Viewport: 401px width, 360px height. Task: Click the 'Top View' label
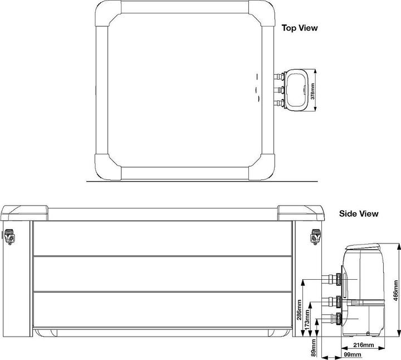[300, 28]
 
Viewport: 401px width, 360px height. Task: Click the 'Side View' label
[359, 213]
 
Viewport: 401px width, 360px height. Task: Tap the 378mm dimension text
[312, 91]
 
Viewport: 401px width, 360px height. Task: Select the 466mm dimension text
[395, 290]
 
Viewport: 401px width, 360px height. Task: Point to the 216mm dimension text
[363, 345]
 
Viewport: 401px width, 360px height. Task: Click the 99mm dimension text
[353, 354]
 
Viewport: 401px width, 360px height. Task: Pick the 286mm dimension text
[299, 310]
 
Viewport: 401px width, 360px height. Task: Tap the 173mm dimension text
[307, 318]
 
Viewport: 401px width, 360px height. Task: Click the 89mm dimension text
[314, 348]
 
